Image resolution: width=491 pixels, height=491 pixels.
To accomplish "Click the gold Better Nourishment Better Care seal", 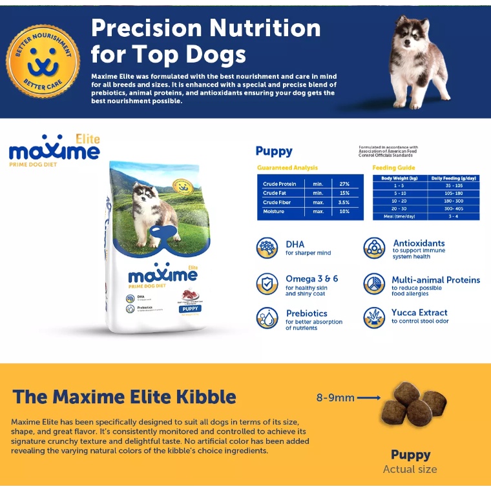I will (x=43, y=61).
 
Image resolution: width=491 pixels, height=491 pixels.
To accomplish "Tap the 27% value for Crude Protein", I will (x=344, y=184).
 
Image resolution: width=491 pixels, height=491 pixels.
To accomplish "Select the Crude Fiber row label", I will (x=277, y=202).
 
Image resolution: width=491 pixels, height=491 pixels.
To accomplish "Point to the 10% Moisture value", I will (x=344, y=211).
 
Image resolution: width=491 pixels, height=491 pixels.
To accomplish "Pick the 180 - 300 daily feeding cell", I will (x=454, y=201).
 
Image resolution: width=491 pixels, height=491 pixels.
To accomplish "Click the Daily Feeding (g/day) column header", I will (x=454, y=178).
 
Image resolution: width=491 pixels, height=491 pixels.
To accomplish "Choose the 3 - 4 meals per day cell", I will (x=454, y=216).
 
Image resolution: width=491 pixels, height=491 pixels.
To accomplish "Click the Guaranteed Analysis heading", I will (x=287, y=168).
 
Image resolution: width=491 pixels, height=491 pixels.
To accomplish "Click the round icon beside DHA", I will (x=267, y=248).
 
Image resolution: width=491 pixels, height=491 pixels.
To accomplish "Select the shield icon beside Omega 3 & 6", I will (x=267, y=284).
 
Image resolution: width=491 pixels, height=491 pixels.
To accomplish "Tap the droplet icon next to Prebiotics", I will (x=267, y=318).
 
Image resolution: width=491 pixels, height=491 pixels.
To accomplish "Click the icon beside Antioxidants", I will (x=374, y=248).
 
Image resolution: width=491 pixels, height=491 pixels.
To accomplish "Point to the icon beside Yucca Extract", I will (x=374, y=317).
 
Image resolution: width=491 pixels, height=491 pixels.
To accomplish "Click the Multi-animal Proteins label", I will (x=435, y=280).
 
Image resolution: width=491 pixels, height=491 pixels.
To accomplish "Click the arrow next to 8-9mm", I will (x=368, y=398).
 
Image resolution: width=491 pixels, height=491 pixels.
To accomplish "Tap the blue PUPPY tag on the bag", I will (x=189, y=308).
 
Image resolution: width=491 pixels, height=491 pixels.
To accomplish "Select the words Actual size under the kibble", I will (x=410, y=470).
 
